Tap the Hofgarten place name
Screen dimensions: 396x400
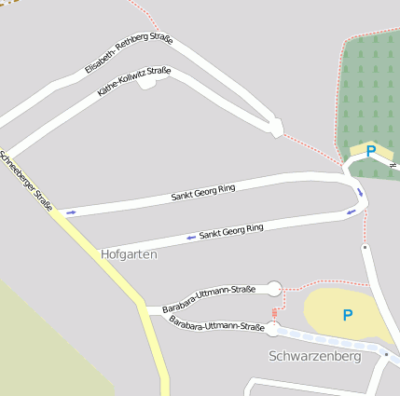129,253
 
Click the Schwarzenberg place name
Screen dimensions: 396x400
314,356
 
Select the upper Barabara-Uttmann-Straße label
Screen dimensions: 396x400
208,299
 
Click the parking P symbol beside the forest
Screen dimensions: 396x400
371,151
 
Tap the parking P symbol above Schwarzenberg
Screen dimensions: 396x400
347,316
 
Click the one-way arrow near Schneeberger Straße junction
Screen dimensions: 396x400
70,212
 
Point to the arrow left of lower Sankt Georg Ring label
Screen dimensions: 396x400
190,238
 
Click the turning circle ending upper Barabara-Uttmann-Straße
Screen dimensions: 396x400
274,289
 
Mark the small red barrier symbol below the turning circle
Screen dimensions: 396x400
274,312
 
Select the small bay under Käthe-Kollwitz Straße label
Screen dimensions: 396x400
146,84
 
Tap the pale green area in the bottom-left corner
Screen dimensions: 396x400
47,345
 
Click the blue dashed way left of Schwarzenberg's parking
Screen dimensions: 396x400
317,337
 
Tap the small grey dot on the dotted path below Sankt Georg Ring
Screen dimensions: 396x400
365,248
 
